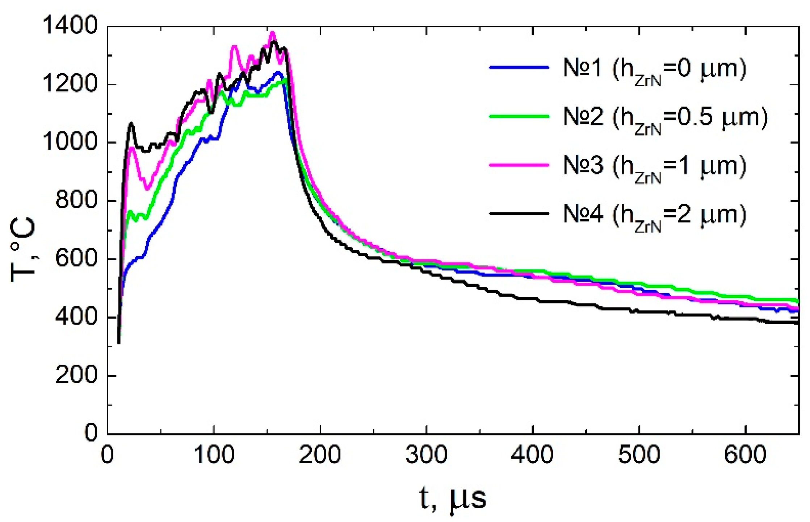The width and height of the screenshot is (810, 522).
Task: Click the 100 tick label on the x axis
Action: click(x=214, y=455)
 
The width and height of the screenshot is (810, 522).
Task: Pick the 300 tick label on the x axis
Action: click(x=426, y=455)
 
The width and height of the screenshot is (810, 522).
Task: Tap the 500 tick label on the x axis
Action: click(x=639, y=455)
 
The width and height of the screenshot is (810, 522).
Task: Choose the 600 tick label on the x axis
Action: click(x=745, y=455)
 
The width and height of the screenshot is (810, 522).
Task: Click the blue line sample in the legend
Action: click(x=519, y=67)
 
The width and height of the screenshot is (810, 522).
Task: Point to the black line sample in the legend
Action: click(x=519, y=214)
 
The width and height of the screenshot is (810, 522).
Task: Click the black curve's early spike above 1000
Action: click(x=131, y=123)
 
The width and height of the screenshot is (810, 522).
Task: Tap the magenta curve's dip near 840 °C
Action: click(x=147, y=188)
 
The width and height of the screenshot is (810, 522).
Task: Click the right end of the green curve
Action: click(x=797, y=301)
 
